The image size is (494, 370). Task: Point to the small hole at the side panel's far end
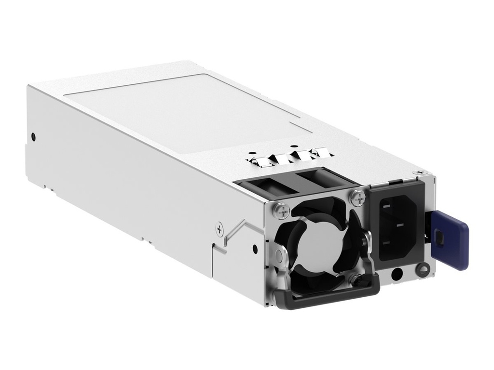tap(33, 136)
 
